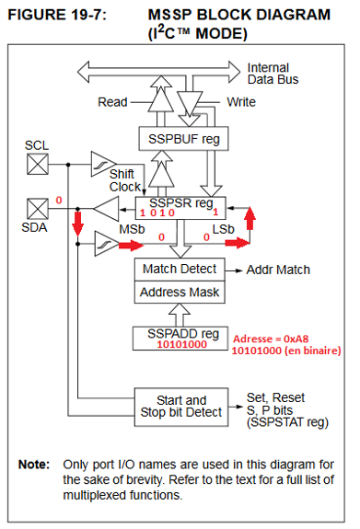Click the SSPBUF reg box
[183, 139]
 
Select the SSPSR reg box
[180, 208]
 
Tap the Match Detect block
[180, 270]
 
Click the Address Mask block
[180, 292]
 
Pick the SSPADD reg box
[180, 339]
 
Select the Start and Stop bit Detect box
[181, 407]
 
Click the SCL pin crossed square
[38, 164]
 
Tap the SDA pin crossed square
[38, 209]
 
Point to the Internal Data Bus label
[273, 74]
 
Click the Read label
[112, 102]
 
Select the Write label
[241, 102]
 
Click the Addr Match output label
[278, 270]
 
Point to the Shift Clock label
[124, 180]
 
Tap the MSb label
[132, 229]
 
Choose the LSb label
[223, 229]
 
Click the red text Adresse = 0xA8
[271, 339]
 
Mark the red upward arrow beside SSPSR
[250, 219]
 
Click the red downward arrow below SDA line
[78, 224]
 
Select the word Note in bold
[34, 465]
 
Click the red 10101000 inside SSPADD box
[181, 344]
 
